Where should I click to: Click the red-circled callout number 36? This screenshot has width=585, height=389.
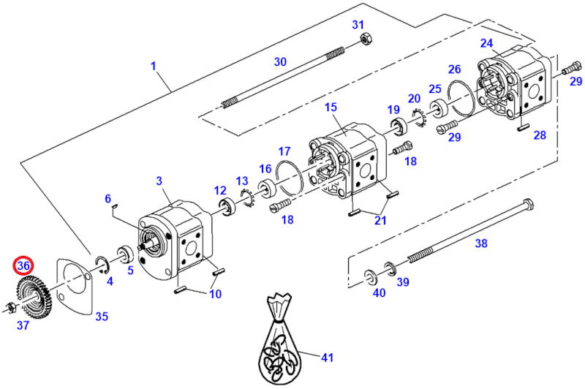pyautogui.click(x=23, y=266)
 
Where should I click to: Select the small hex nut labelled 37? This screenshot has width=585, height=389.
pyautogui.click(x=10, y=307)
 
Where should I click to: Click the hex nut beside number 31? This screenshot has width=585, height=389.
pyautogui.click(x=366, y=38)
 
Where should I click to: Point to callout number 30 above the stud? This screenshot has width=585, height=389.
pyautogui.click(x=280, y=61)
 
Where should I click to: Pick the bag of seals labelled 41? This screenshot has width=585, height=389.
pyautogui.click(x=278, y=339)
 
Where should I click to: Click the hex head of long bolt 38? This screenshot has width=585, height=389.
pyautogui.click(x=529, y=204)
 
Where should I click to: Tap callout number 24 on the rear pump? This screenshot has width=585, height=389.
pyautogui.click(x=486, y=44)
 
